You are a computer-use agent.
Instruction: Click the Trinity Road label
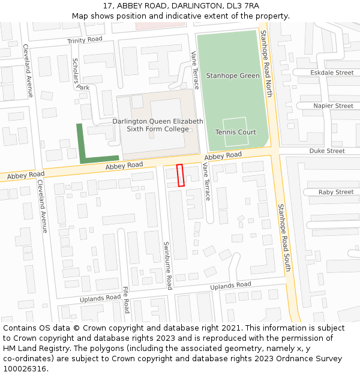[85, 40]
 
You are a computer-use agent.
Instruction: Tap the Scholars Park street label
[80, 74]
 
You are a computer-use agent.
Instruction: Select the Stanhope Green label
[233, 76]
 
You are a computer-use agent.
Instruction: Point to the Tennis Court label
[236, 132]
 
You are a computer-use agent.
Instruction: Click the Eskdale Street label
[332, 73]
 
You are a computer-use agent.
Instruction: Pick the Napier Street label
[333, 106]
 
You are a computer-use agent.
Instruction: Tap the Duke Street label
[327, 151]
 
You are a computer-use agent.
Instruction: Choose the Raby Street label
[336, 192]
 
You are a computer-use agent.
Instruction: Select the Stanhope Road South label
[283, 237]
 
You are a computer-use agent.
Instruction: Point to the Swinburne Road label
[169, 266]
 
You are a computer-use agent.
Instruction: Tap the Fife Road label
[126, 299]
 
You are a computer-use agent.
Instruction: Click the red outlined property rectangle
[180, 175]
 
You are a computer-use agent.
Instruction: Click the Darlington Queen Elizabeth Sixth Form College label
[158, 125]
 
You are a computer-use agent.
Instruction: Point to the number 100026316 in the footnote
[24, 368]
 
